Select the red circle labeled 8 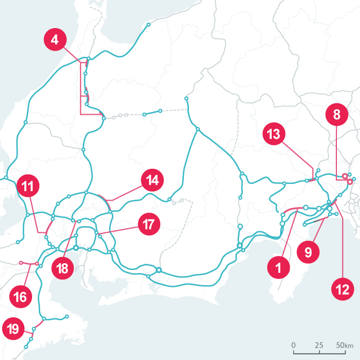(x=336, y=115)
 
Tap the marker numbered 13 (x=274, y=134)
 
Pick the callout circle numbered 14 (x=151, y=180)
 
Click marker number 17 (x=148, y=224)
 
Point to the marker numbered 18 (x=62, y=268)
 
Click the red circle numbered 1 (x=278, y=268)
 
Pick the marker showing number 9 (x=308, y=252)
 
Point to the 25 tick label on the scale (x=319, y=345)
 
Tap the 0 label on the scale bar (x=294, y=345)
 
